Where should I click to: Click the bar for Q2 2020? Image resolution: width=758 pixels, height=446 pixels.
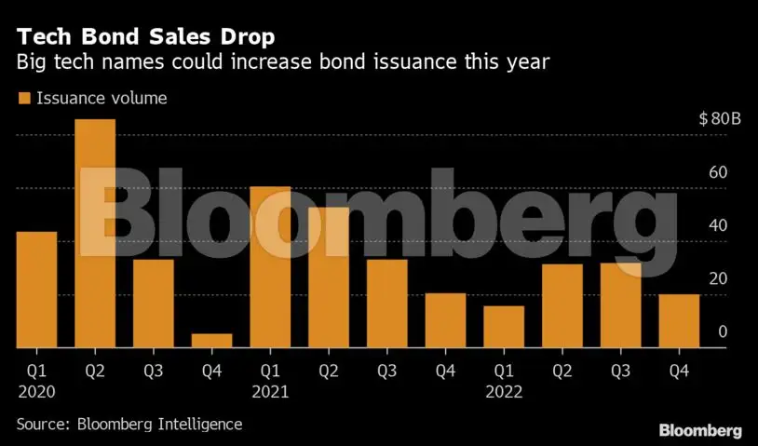95,234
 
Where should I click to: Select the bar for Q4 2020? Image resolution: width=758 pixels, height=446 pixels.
211,341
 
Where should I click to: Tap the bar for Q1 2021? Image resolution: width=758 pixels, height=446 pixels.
270,267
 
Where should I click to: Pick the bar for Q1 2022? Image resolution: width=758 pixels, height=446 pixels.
504,327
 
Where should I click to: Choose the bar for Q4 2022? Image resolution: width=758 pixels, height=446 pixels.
679,321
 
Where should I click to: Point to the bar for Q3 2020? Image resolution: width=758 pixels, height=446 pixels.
153,304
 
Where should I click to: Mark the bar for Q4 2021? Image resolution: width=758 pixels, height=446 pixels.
445,320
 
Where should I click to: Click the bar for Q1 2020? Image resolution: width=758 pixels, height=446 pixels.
36,290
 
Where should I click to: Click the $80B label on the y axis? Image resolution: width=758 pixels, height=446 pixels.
719,119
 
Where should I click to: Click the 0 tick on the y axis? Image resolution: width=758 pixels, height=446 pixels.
723,331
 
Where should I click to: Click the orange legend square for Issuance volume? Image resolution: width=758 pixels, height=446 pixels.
23,98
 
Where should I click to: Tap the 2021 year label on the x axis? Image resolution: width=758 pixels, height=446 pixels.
269,392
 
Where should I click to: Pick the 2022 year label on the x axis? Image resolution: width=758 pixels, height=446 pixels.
503,392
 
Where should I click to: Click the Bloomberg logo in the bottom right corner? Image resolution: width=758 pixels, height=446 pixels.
700,430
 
